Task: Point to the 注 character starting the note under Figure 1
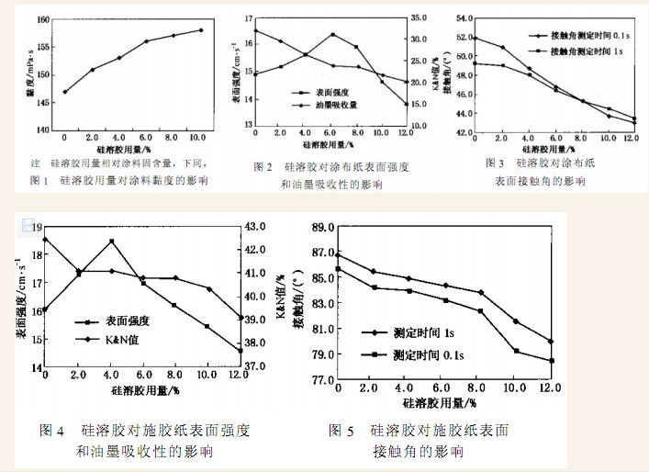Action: pos(34,163)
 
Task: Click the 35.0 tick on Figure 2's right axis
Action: pos(419,18)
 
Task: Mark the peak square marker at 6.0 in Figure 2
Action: pos(332,35)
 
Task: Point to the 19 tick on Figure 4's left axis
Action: pos(37,227)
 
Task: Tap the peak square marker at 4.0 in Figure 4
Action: pos(111,242)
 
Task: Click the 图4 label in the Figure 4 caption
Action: pos(52,430)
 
